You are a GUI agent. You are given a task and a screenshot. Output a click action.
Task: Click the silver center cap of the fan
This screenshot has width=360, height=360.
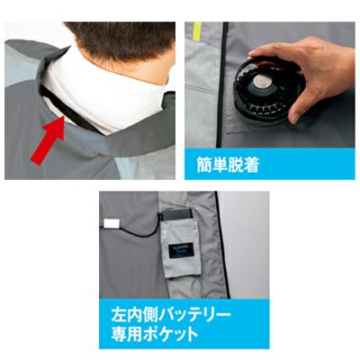pyautogui.click(x=261, y=82)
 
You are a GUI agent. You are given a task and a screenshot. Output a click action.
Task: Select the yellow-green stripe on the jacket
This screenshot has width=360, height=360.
pyautogui.click(x=197, y=31)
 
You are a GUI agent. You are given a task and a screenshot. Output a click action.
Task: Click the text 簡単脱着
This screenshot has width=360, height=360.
pyautogui.click(x=228, y=164)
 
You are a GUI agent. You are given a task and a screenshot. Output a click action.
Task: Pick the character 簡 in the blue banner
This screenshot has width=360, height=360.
pyautogui.click(x=204, y=164)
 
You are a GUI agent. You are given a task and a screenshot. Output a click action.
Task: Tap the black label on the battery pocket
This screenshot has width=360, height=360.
pyautogui.click(x=181, y=251)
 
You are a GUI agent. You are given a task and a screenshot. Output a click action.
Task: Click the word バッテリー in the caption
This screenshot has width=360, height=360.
pyautogui.click(x=195, y=315)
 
